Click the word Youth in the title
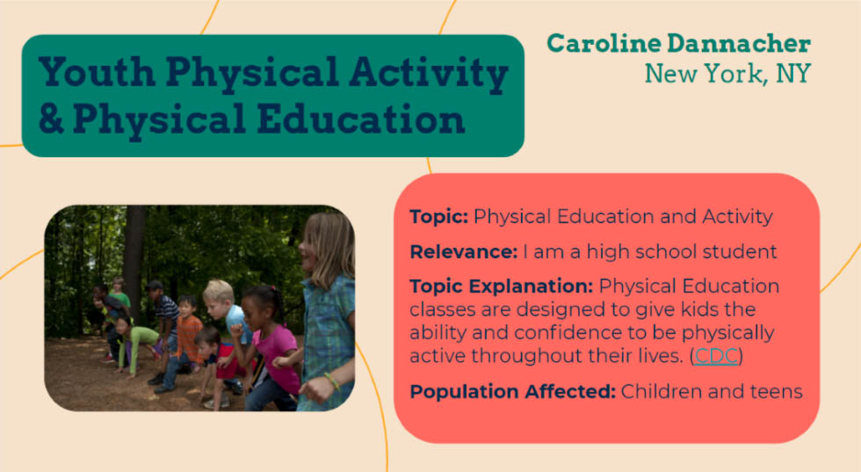click(97, 72)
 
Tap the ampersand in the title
click(51, 120)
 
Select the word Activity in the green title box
click(429, 75)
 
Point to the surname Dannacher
click(739, 43)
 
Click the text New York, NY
click(727, 74)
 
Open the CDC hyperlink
click(716, 356)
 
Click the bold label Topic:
click(438, 217)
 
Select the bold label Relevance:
click(464, 252)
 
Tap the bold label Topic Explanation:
click(502, 287)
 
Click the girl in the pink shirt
click(270, 347)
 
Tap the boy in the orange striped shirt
click(185, 341)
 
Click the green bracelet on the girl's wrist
click(332, 381)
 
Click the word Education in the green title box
click(361, 120)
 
